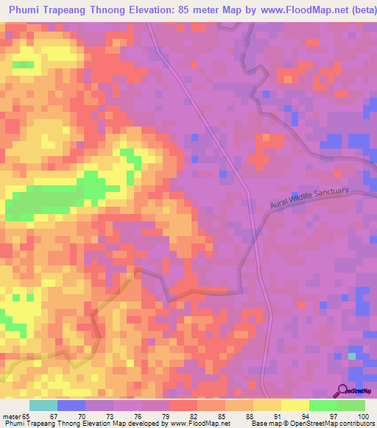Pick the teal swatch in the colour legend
(x=43, y=405)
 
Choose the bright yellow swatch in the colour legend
(x=295, y=405)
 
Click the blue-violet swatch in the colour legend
(x=71, y=405)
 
